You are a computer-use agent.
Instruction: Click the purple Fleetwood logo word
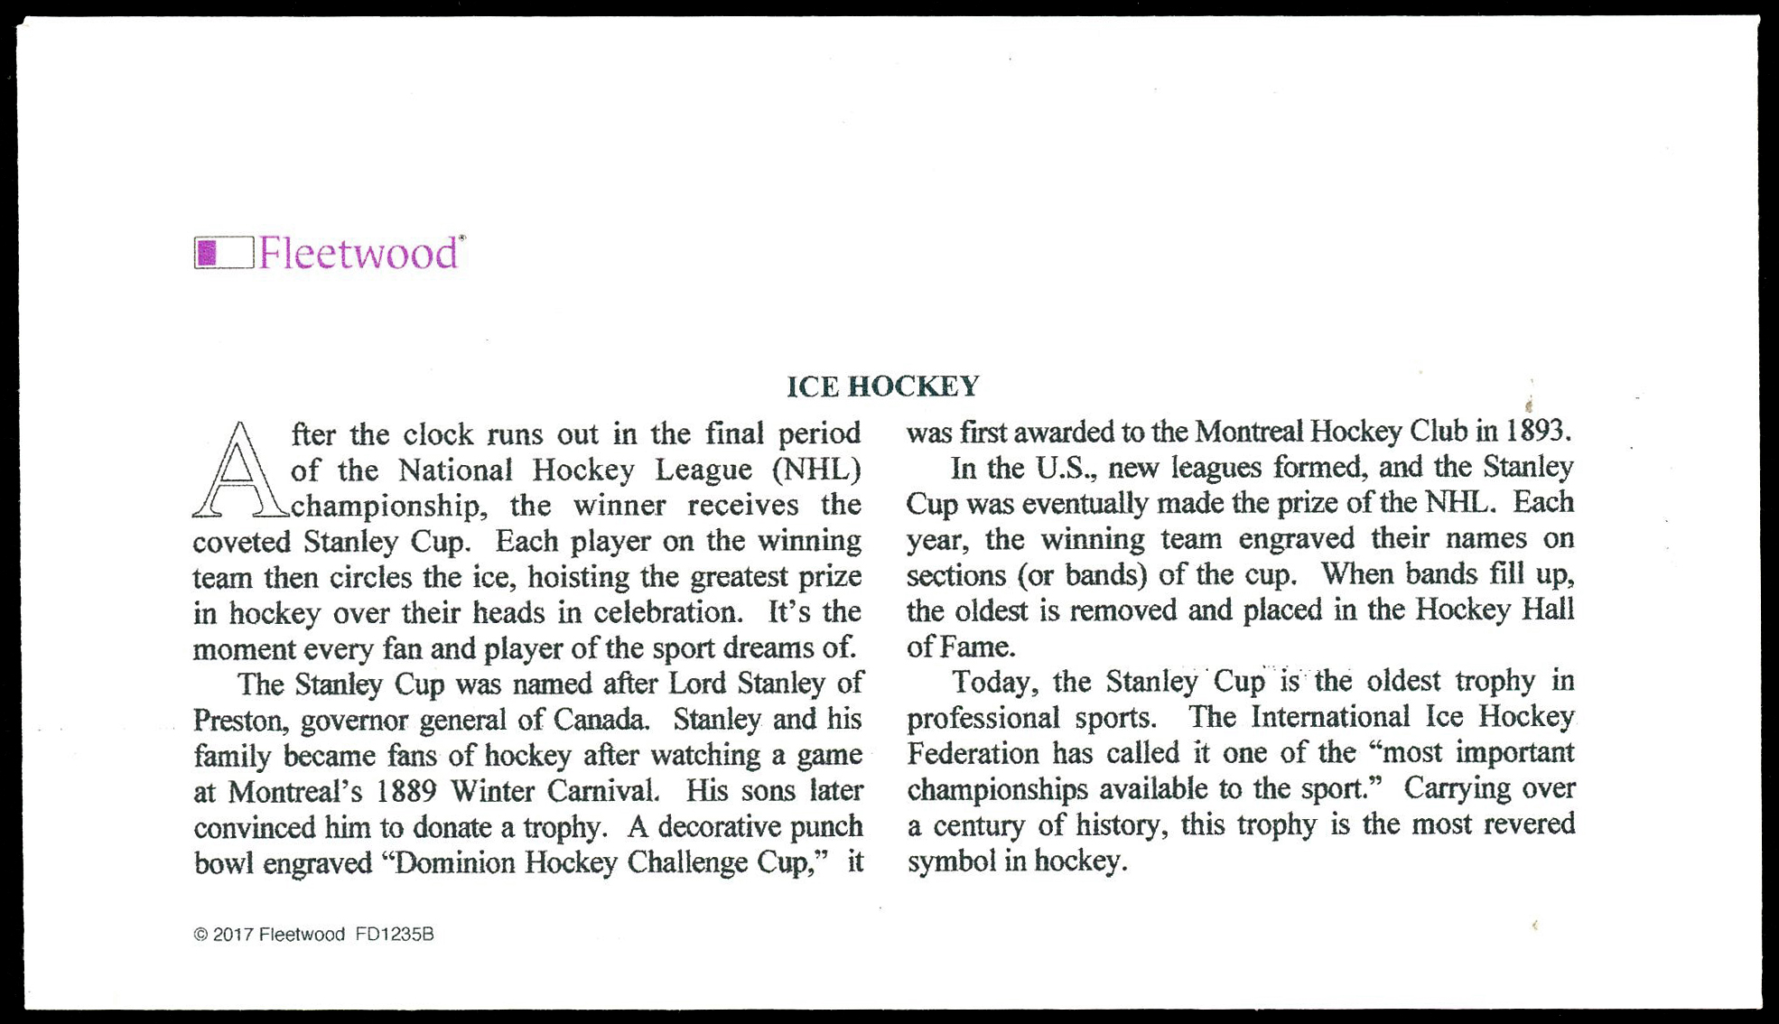click(x=359, y=254)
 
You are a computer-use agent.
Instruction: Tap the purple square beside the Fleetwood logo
click(x=208, y=253)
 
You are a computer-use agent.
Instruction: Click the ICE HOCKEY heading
click(x=882, y=386)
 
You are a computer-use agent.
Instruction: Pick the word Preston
click(x=240, y=721)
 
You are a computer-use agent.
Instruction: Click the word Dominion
click(x=455, y=863)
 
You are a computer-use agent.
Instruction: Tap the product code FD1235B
click(x=395, y=935)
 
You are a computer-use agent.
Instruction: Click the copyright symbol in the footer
click(x=200, y=935)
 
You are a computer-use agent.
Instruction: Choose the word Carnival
click(x=604, y=792)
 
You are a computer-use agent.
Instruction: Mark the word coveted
click(x=241, y=542)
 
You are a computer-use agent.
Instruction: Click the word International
click(x=1329, y=717)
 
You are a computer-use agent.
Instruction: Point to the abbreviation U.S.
click(x=1063, y=468)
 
